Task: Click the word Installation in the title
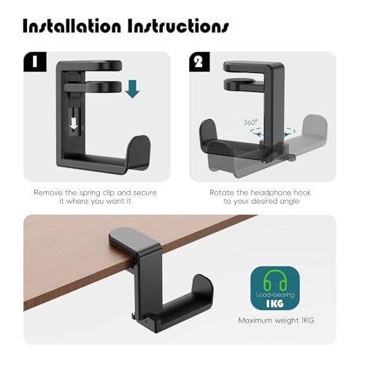[x=72, y=26]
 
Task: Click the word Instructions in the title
[x=178, y=26]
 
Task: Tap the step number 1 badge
[x=35, y=62]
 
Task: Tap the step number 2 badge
[x=199, y=62]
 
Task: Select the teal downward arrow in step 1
[x=132, y=89]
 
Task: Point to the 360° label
[x=250, y=122]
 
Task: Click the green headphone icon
[x=275, y=280]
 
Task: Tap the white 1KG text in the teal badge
[x=274, y=304]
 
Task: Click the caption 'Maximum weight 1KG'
[x=276, y=320]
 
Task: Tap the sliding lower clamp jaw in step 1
[x=93, y=87]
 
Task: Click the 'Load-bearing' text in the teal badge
[x=275, y=295]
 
